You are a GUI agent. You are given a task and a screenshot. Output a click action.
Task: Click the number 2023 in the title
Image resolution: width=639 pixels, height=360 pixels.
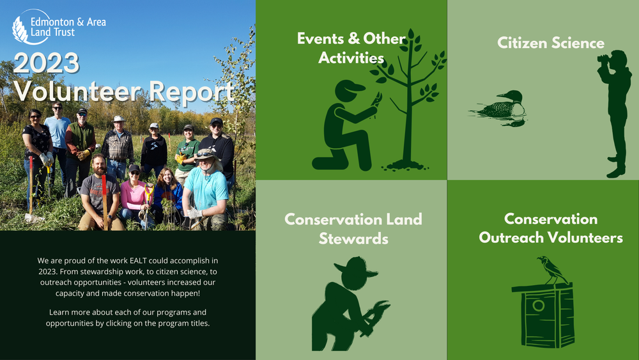46,64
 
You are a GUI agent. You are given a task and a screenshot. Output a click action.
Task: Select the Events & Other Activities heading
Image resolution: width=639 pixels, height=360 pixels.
351,48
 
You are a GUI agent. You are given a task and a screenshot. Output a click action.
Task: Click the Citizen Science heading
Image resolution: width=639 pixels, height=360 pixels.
550,43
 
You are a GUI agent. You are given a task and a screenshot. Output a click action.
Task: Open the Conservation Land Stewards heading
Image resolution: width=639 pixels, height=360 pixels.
353,228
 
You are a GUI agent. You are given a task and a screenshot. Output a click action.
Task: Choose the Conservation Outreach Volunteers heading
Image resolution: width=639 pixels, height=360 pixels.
550,228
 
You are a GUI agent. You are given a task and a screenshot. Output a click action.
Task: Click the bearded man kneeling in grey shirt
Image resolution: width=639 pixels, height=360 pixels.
99,190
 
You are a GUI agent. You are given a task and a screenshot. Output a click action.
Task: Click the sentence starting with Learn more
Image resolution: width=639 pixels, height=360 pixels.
128,318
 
